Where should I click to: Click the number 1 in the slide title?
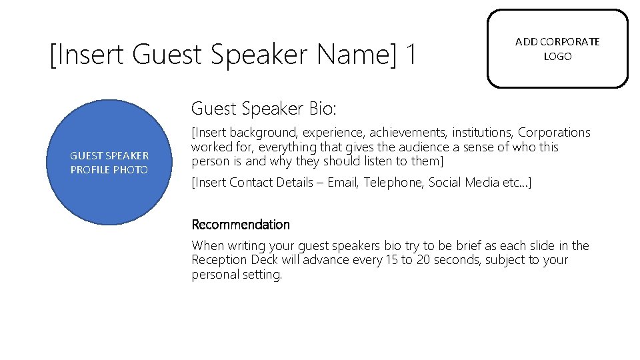410,54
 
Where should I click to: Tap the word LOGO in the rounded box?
557,57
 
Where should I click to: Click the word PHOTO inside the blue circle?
129,170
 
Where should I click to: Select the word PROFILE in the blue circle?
89,170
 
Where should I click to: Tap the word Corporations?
554,133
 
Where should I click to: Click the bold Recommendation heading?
241,225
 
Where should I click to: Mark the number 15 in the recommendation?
391,260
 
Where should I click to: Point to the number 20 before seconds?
423,260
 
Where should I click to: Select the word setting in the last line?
263,275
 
